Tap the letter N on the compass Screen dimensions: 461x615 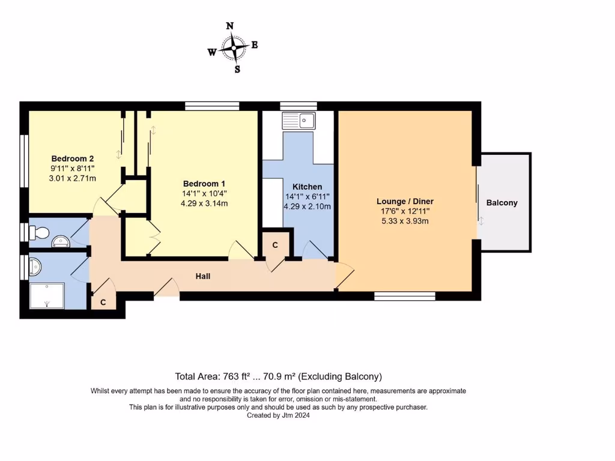[229, 26]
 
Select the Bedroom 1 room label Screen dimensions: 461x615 [205, 184]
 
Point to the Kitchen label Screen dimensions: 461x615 [307, 187]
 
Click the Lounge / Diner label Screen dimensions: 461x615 [405, 201]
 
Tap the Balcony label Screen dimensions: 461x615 [501, 203]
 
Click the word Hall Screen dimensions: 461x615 [203, 276]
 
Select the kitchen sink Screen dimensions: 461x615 [298, 121]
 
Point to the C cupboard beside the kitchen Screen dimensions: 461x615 [275, 245]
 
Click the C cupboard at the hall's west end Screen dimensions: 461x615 [103, 303]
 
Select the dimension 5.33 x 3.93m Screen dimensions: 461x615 [405, 221]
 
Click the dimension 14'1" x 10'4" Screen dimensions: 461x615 [205, 193]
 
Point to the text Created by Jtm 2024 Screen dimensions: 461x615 [278, 415]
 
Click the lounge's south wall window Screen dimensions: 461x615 [404, 296]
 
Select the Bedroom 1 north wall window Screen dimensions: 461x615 [212, 106]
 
